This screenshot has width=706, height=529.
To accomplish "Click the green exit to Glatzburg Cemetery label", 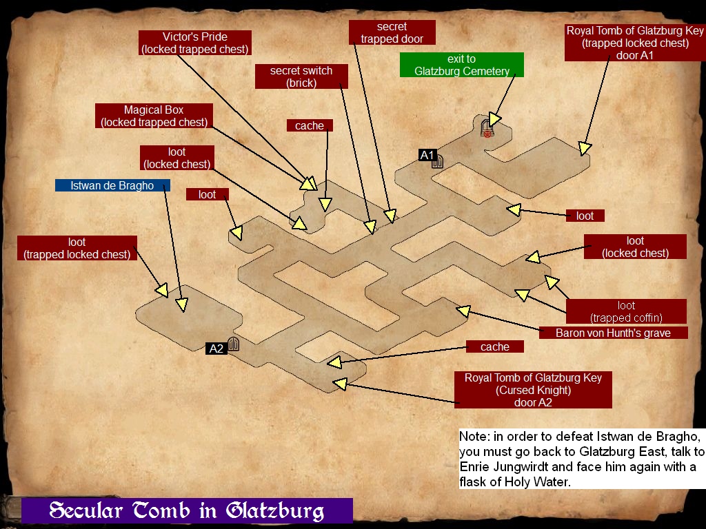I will tap(461, 65).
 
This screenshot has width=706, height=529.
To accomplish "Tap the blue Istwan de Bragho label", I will tap(113, 185).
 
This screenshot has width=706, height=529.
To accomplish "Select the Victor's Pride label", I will tap(194, 43).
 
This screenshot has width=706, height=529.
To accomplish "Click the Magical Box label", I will tap(154, 116).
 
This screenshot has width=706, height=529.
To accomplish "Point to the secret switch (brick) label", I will tap(301, 76).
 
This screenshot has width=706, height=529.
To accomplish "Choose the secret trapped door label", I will tap(392, 32).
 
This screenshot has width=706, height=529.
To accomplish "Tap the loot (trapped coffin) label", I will tap(626, 311).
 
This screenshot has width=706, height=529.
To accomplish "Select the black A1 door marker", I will tap(427, 156).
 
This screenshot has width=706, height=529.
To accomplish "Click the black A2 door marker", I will tap(216, 349).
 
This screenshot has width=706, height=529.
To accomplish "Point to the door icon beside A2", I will tap(233, 344).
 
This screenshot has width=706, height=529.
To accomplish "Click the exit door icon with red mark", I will tap(487, 128).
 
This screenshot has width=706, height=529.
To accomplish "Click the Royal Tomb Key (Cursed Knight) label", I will tap(533, 390).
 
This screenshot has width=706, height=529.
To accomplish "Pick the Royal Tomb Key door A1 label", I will tap(635, 43).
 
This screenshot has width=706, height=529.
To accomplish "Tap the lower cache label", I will tap(494, 346).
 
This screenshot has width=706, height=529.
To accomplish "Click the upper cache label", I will tap(310, 125).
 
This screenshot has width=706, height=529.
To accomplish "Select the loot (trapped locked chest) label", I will tap(77, 248).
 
